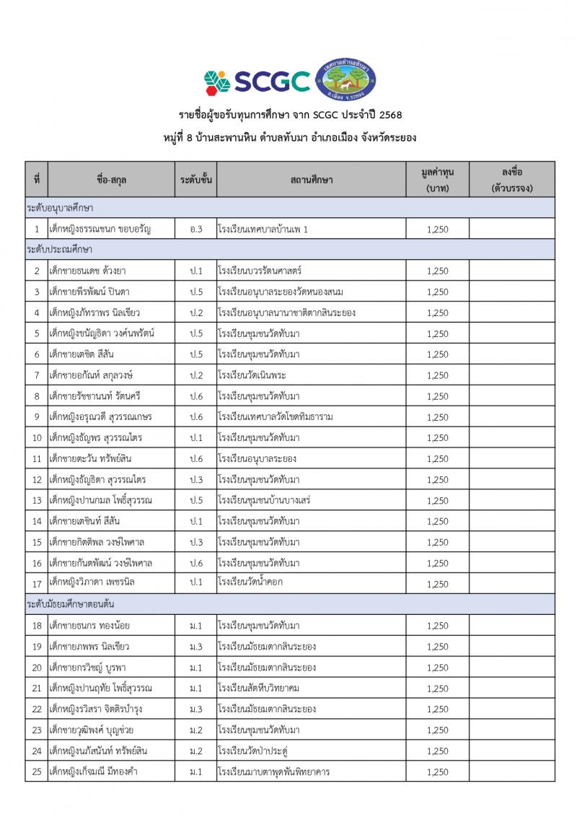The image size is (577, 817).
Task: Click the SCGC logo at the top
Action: coord(257,81)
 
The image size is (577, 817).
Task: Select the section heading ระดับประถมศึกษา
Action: coord(59,249)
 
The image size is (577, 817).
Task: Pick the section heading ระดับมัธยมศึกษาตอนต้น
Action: coord(70,603)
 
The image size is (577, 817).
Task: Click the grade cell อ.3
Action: coord(195,229)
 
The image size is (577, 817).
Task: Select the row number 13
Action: coord(36,500)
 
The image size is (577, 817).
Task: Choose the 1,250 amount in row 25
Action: coord(437,772)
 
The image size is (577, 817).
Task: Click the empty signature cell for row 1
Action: coord(511,229)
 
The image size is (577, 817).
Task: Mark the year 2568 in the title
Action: coord(390,115)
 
